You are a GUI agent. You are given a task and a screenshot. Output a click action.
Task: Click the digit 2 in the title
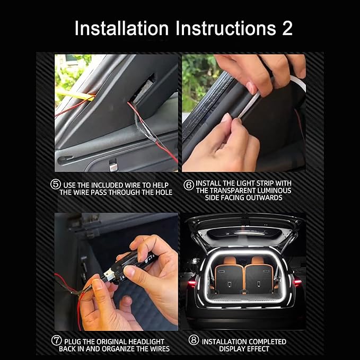coord(287,28)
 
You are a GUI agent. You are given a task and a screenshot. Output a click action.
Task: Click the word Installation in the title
coord(122,28)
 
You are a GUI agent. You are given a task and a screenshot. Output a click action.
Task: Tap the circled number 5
coord(55,185)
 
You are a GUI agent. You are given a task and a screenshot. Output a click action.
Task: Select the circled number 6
coord(189,185)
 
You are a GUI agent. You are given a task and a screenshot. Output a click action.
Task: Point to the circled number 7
coord(56,340)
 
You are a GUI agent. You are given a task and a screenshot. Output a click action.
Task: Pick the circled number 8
coord(194,340)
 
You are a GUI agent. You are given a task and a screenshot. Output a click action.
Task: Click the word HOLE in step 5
coord(164,192)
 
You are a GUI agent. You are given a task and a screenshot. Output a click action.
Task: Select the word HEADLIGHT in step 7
coord(146,341)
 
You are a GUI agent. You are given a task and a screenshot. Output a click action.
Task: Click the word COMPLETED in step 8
coord(265,341)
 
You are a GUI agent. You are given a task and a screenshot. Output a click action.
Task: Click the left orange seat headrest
coord(230,260)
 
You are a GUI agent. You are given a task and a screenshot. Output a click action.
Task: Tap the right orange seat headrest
coord(258,260)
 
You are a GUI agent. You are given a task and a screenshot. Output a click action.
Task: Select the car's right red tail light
coord(297,282)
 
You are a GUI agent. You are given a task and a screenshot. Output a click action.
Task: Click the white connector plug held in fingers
coord(108,274)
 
